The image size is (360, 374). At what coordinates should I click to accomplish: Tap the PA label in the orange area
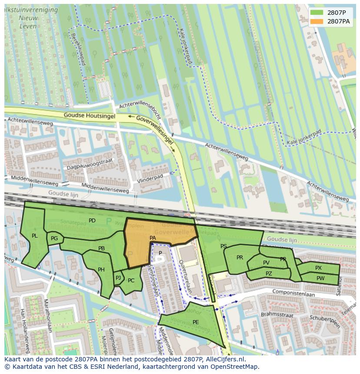coord(153,238)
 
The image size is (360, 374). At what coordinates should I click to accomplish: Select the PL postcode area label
coord(35,236)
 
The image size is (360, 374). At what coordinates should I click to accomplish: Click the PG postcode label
coord(54,238)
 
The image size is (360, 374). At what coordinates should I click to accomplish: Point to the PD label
coord(92,221)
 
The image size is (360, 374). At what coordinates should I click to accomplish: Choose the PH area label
coord(101,270)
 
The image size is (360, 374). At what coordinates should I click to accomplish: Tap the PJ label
coord(118,278)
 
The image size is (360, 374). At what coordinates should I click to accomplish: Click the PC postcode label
coord(131,281)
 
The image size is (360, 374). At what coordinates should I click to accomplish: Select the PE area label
coord(196,322)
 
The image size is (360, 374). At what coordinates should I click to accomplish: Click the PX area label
coord(319,268)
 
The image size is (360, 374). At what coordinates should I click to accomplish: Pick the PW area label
coord(320,278)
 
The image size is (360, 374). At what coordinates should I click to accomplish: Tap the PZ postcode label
coord(269,274)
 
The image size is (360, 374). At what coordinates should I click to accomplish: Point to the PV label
coord(266,263)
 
